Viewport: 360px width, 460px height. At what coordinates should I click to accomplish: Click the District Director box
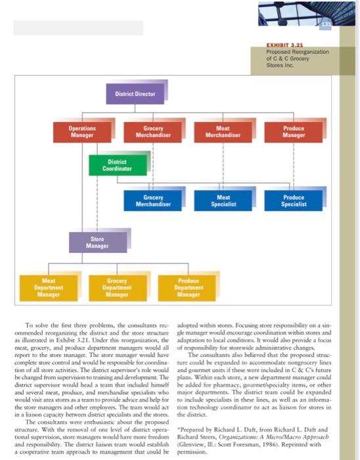(x=135, y=94)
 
